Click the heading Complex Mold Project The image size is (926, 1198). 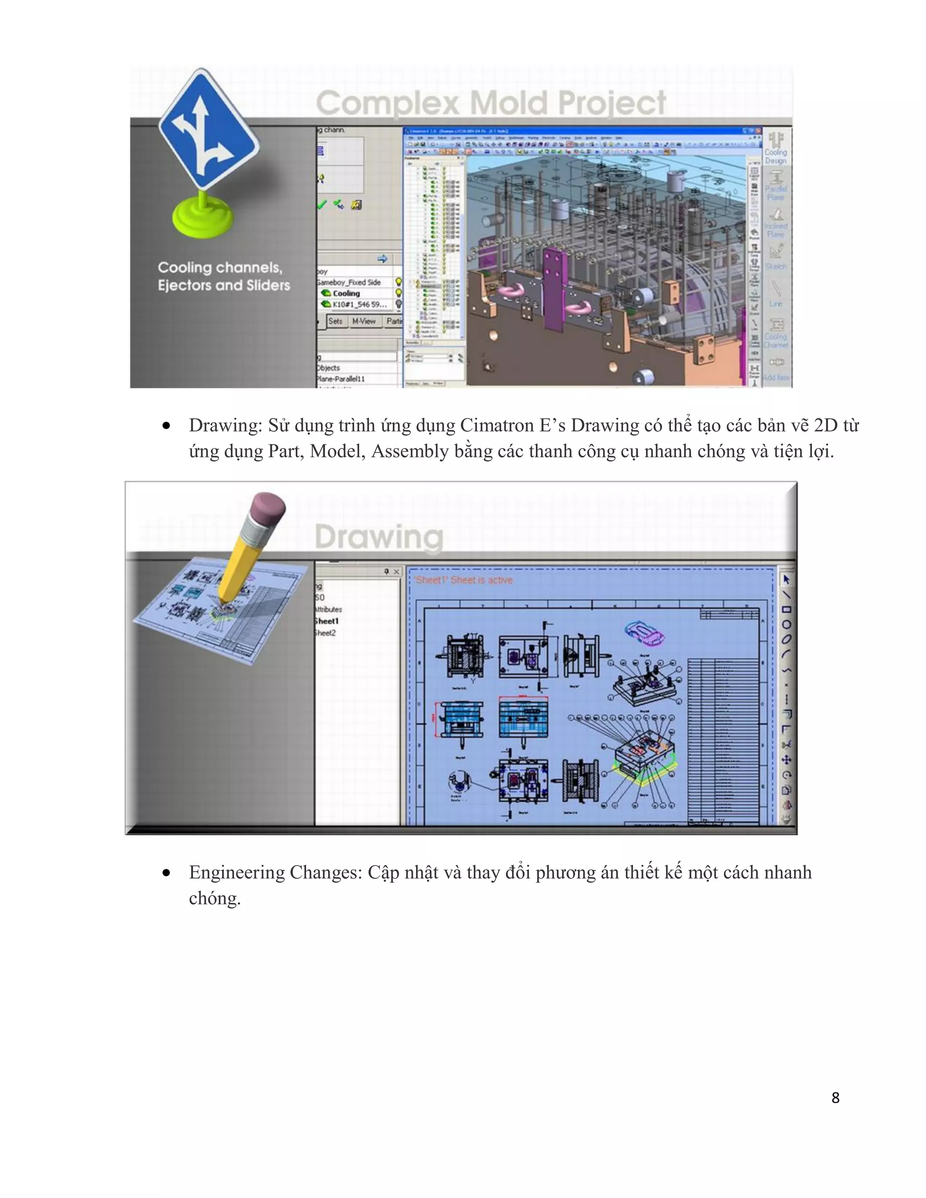491,103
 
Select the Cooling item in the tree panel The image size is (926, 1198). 345,293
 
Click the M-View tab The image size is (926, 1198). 364,321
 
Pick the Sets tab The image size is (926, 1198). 335,321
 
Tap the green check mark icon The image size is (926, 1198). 322,205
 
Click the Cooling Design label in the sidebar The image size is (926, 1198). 776,156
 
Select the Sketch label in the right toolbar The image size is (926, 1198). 776,266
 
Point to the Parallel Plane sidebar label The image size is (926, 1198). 776,193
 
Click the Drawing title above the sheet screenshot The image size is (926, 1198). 378,537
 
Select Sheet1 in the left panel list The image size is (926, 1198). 326,621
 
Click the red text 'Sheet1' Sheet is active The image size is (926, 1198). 463,580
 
